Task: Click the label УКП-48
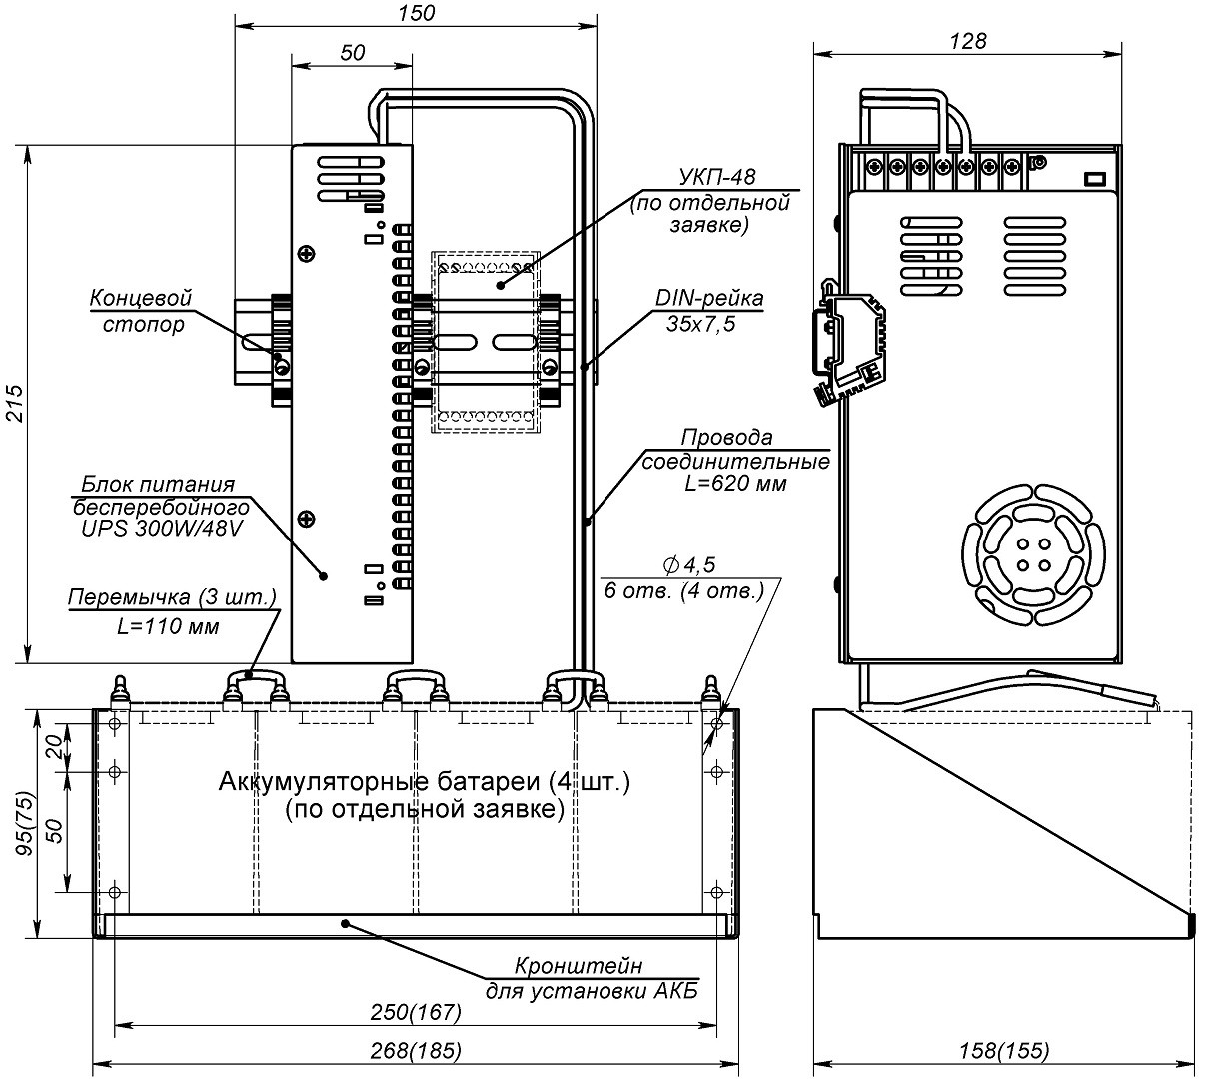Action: pos(716,177)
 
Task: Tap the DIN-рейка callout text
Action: pos(709,298)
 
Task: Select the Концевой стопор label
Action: pos(140,311)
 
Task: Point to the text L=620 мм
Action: pos(736,484)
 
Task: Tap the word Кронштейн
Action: pos(579,966)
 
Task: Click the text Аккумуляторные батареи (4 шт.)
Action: pos(425,781)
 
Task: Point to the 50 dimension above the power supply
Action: pos(352,53)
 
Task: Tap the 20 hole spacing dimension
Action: pos(60,744)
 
